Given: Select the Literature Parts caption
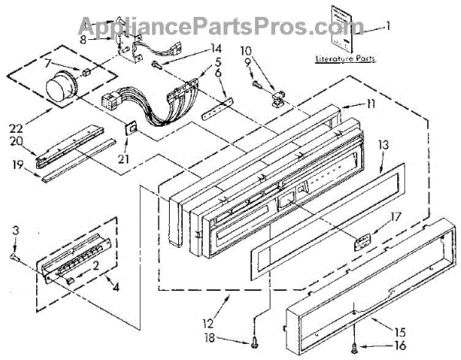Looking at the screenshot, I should coord(341,59).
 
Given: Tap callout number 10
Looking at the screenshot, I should coord(246,51).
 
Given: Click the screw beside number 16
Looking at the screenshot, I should coord(353,345).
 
